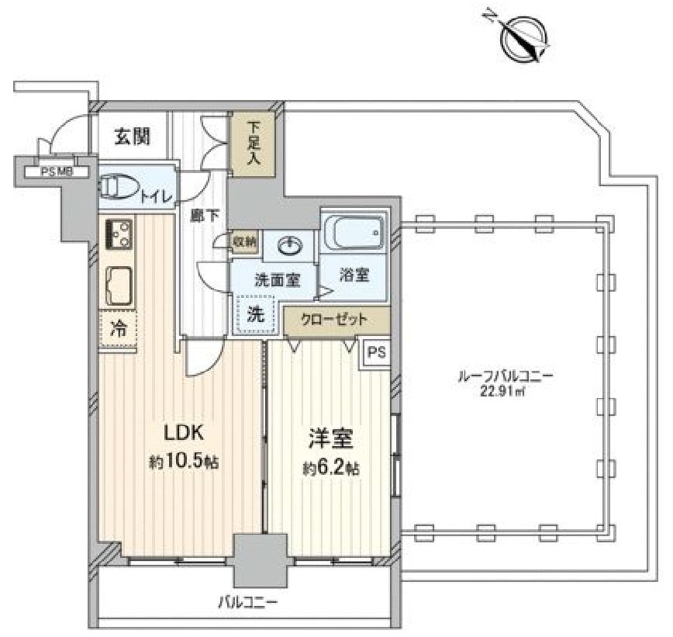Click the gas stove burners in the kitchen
click(117, 234)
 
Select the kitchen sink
click(118, 285)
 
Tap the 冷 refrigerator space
click(118, 328)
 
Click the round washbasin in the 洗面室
click(288, 247)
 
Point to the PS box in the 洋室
click(376, 352)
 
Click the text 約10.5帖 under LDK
click(182, 462)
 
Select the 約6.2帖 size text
click(332, 469)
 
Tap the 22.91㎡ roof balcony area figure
click(505, 391)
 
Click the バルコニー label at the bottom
click(247, 601)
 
